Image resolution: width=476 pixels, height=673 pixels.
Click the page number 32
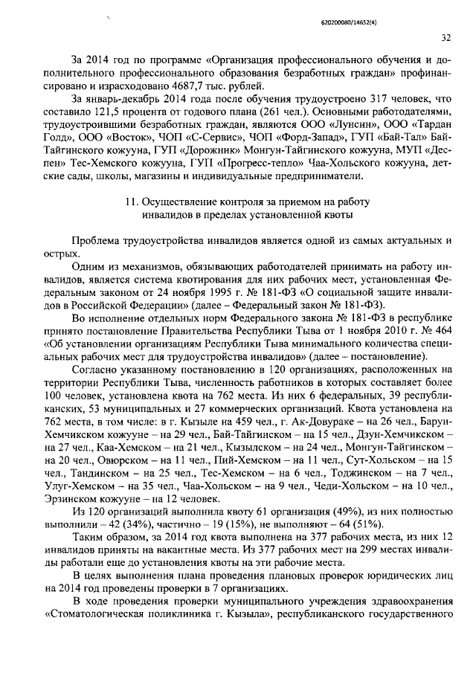click(446, 38)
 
